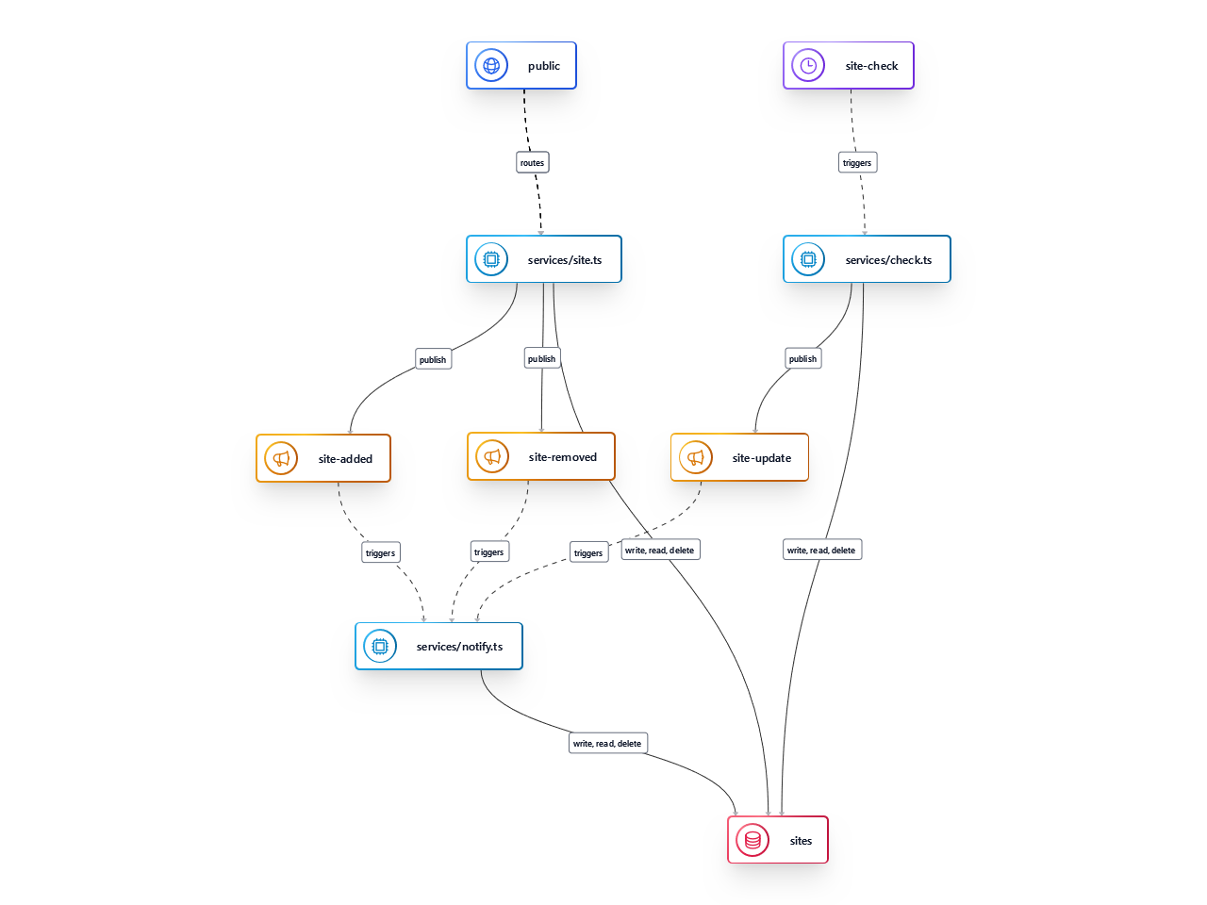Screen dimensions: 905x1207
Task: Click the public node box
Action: pyautogui.click(x=521, y=66)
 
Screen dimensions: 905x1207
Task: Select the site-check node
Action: pyautogui.click(x=849, y=66)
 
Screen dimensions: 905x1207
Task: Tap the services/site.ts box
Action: pyautogui.click(x=544, y=259)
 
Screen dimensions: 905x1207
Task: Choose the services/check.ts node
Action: pyautogui.click(x=867, y=259)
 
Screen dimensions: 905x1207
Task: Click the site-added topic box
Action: pyautogui.click(x=323, y=458)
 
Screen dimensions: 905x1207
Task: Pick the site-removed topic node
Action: pyautogui.click(x=541, y=456)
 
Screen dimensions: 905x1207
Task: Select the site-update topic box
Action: pyautogui.click(x=739, y=457)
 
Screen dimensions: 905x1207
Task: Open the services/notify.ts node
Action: pyautogui.click(x=438, y=647)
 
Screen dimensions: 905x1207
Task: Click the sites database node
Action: pyautogui.click(x=778, y=840)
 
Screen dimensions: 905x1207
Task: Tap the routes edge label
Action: pyautogui.click(x=533, y=163)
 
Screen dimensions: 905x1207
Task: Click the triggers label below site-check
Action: pyautogui.click(x=858, y=163)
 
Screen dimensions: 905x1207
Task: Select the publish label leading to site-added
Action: pyautogui.click(x=434, y=359)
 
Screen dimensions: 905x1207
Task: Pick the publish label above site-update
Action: pyautogui.click(x=803, y=358)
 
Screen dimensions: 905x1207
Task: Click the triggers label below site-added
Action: pyautogui.click(x=381, y=552)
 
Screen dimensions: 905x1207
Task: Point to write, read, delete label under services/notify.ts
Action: pyautogui.click(x=607, y=743)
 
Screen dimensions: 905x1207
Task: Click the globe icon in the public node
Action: pyautogui.click(x=491, y=66)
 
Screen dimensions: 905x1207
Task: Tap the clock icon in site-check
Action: pyautogui.click(x=808, y=66)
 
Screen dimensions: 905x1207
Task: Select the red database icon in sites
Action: pyautogui.click(x=752, y=840)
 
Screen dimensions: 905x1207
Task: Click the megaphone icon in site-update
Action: pyautogui.click(x=696, y=457)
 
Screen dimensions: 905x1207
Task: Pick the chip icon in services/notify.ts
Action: pyautogui.click(x=380, y=647)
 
